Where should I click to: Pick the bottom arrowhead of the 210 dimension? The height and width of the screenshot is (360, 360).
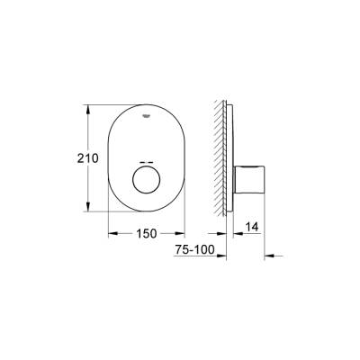pyautogui.click(x=88, y=211)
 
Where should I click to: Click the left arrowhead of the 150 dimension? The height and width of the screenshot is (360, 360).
pyautogui.click(x=112, y=234)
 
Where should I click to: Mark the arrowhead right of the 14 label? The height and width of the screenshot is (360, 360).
pyautogui.click(x=267, y=234)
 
